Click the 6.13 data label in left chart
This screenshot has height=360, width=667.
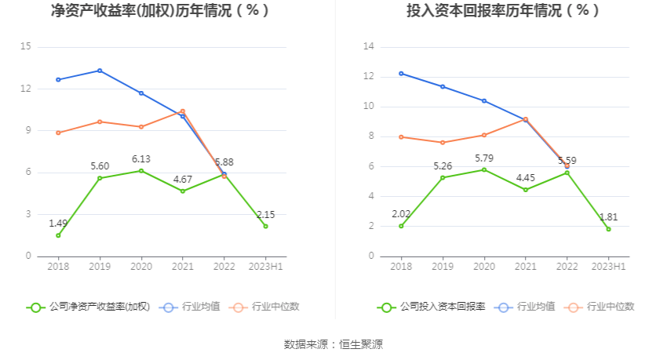141,158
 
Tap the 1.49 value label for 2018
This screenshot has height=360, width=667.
58,224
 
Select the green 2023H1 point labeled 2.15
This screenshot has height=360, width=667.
265,226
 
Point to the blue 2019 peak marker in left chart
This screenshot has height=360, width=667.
100,71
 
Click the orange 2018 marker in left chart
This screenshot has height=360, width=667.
58,133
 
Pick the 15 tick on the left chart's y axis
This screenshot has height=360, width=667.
26,47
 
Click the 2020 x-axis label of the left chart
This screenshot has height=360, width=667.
141,267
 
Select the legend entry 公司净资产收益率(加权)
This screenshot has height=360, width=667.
88,307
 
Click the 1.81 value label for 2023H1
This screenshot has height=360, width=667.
608,217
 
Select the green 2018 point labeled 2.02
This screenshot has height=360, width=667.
401,226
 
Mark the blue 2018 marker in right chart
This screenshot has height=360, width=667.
401,73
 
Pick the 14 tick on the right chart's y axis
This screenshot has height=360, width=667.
368,47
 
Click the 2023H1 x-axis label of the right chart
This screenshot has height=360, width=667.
608,267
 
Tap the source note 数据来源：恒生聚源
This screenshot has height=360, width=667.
333,344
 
